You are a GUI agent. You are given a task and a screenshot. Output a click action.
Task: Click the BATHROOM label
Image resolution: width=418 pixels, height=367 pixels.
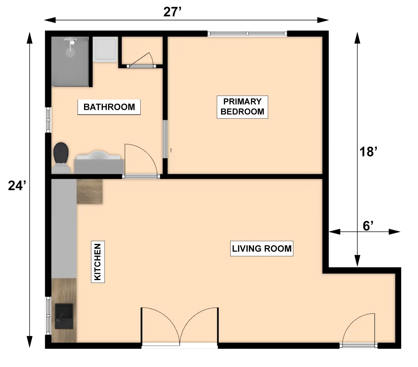(109, 107)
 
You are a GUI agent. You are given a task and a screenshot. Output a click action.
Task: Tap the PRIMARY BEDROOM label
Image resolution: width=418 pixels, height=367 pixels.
(242, 107)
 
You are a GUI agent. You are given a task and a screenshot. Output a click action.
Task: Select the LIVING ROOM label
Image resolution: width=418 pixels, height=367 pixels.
(262, 248)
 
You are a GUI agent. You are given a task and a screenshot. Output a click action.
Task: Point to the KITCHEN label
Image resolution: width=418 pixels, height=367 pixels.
(98, 262)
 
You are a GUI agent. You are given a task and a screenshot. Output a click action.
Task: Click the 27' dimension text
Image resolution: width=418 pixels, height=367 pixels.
(172, 12)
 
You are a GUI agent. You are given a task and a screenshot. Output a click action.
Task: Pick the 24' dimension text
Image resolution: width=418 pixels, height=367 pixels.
(17, 185)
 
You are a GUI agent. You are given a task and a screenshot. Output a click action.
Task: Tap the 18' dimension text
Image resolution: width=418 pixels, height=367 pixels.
(368, 152)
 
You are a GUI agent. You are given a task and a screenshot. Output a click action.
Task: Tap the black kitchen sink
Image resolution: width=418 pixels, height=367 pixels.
(64, 316)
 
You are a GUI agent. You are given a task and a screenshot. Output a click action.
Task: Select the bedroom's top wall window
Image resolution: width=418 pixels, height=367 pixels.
(247, 34)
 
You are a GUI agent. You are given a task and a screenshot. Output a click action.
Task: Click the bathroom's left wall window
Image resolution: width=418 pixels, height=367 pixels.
(48, 120)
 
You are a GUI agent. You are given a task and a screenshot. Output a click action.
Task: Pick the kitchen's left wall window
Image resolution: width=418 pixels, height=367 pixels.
(48, 316)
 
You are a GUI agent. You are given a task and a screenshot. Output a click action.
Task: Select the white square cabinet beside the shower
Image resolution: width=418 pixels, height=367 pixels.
(105, 49)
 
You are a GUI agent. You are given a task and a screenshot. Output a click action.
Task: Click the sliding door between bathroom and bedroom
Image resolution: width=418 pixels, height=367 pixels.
(165, 139)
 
